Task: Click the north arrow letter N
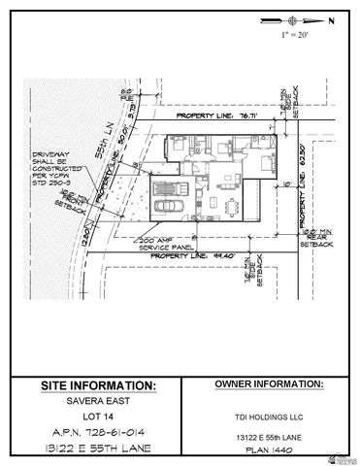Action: tap(331, 19)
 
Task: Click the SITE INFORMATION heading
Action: tap(98, 385)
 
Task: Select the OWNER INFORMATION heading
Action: tap(266, 384)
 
